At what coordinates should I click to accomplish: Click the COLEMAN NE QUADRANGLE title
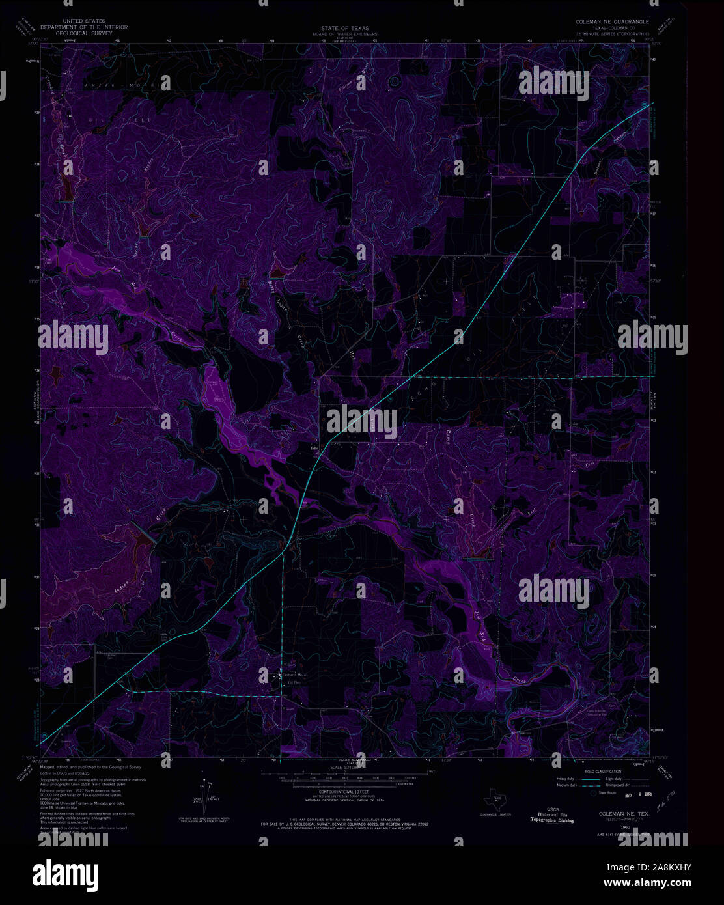[x=611, y=22]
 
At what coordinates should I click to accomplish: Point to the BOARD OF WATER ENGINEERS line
[x=344, y=34]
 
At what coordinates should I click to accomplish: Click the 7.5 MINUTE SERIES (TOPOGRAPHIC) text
[x=611, y=33]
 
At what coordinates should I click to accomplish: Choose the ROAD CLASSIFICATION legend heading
[x=603, y=772]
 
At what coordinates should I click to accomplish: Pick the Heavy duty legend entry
[x=566, y=779]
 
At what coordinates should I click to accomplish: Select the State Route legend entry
[x=607, y=793]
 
